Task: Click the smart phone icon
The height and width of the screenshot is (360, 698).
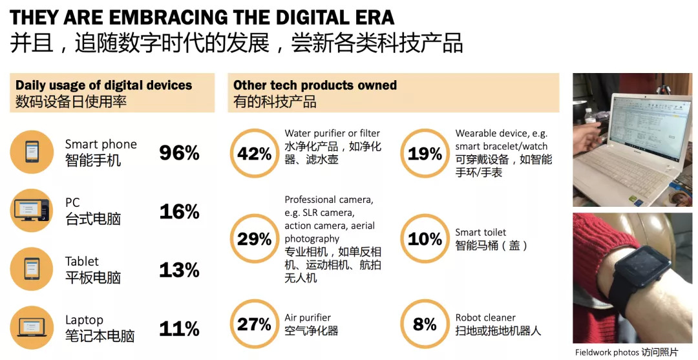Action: (x=32, y=152)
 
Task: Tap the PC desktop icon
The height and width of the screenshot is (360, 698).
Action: (x=32, y=210)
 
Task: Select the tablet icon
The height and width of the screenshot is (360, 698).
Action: (x=32, y=269)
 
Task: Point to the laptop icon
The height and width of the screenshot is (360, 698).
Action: (x=32, y=327)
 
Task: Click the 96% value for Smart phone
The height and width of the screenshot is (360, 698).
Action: (x=179, y=153)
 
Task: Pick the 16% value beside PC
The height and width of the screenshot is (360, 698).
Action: (x=179, y=211)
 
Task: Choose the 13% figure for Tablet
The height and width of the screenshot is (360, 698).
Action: (x=179, y=270)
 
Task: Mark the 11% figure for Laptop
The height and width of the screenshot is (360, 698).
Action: (x=179, y=328)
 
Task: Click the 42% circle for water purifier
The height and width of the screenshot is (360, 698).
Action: (x=254, y=153)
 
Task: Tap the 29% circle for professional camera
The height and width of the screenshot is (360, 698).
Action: (x=254, y=238)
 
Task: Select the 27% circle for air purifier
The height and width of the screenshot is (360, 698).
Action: (x=254, y=324)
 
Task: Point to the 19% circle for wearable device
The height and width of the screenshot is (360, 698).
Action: (x=425, y=153)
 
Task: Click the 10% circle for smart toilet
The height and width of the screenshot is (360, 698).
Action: (x=425, y=238)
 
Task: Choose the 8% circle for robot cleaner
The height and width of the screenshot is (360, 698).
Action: (x=425, y=324)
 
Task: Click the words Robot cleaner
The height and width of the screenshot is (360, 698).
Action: (x=485, y=317)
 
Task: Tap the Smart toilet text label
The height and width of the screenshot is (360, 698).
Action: (x=481, y=232)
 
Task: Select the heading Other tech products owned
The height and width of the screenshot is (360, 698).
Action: (x=315, y=85)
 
